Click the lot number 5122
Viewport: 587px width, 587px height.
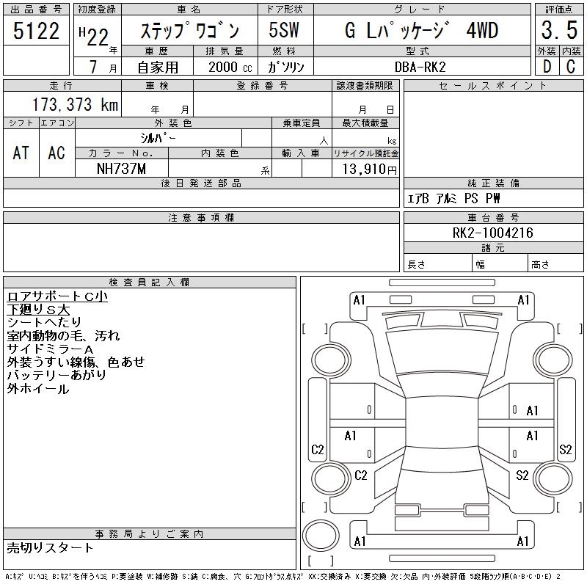36,31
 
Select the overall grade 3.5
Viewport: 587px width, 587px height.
559,30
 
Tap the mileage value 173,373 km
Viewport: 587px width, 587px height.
76,104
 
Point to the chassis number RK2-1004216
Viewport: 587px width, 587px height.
492,233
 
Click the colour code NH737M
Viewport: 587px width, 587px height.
121,169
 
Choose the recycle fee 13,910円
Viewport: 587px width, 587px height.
370,169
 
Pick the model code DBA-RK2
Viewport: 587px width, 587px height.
420,67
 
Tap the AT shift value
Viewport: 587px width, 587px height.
21,153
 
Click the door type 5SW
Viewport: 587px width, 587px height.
284,30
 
